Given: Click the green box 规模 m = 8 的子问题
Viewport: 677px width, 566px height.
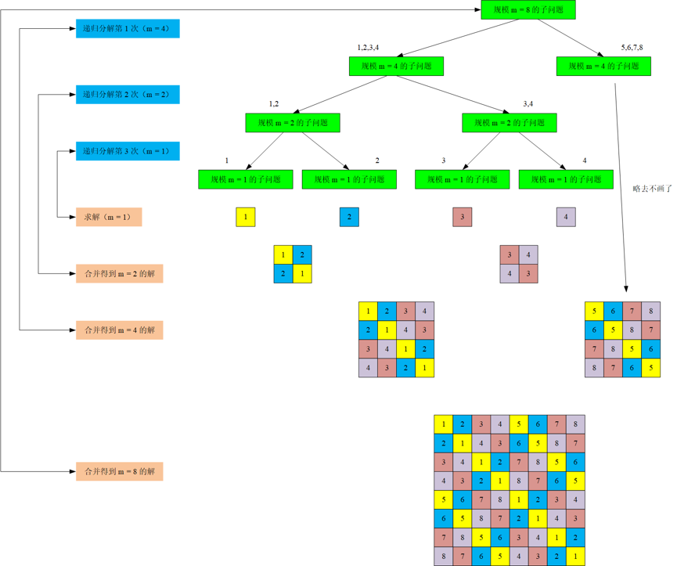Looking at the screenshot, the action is (528, 9).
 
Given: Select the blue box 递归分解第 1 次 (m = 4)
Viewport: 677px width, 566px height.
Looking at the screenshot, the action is (128, 28).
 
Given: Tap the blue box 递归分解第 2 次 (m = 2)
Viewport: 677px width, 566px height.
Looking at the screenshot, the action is (128, 95).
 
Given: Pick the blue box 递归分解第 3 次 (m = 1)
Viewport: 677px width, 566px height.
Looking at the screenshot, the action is (128, 151).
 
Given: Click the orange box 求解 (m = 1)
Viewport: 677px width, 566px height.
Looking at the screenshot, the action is (109, 217).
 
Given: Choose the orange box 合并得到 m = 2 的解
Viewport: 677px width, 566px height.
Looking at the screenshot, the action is (120, 274).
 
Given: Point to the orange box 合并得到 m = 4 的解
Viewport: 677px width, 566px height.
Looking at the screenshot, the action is (120, 330).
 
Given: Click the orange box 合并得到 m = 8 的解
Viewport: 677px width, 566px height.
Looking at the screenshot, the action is (120, 471).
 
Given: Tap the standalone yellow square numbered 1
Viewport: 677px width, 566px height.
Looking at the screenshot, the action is (245, 217).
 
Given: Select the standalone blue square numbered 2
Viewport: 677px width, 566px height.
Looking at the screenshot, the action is (349, 217).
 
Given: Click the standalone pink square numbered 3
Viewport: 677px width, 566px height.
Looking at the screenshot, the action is (463, 217).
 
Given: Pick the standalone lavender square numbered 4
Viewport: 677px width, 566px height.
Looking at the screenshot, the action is (566, 217).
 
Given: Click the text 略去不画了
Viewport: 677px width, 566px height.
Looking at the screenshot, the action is (653, 189).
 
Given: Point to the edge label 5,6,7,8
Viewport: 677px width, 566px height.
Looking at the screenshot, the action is (632, 48).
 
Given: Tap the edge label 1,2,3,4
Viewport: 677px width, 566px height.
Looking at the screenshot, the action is (368, 48).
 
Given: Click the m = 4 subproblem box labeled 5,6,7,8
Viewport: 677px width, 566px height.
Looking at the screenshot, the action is (603, 66).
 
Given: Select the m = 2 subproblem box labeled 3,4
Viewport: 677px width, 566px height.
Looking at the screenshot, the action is (510, 123).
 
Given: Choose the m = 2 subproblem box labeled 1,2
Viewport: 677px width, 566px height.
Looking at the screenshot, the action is (293, 123).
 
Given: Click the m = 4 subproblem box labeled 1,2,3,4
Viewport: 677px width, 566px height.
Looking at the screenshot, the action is (396, 66).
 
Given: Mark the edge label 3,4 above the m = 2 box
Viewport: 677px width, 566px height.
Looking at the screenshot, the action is (528, 104).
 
